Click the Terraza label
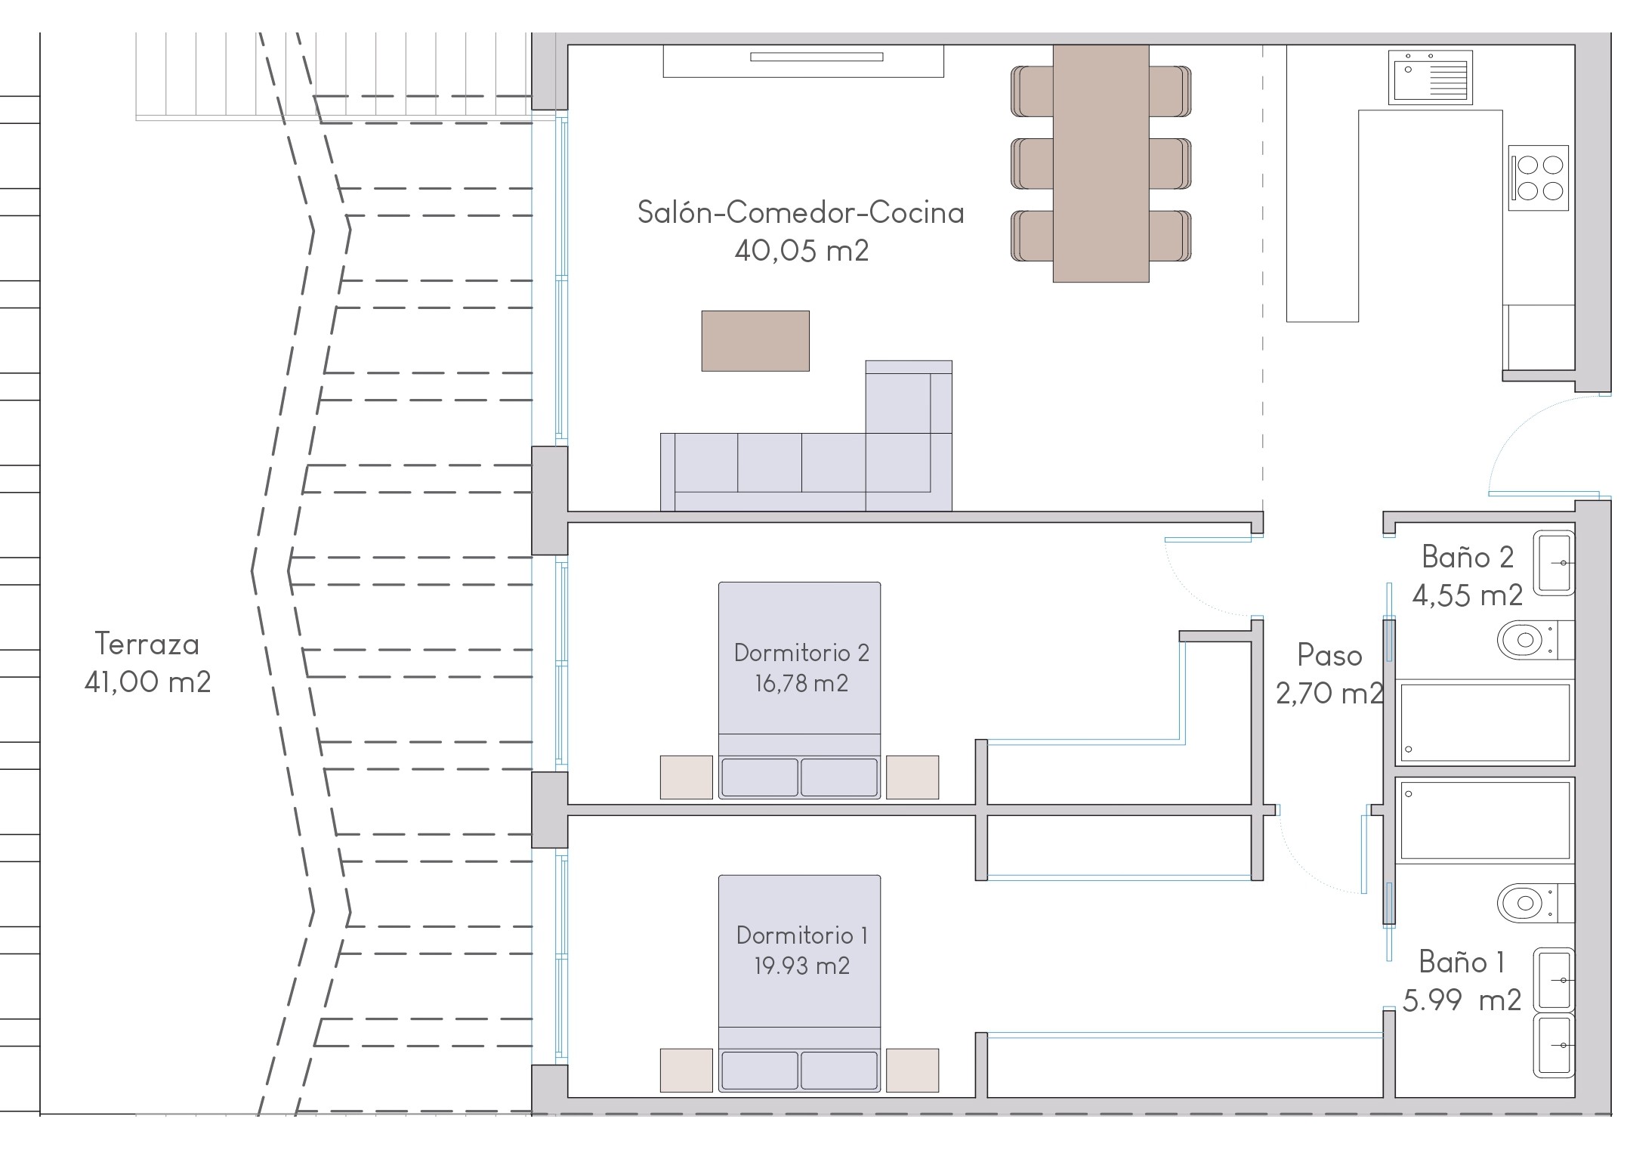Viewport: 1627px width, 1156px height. pos(147,644)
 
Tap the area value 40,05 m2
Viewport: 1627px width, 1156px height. pos(801,250)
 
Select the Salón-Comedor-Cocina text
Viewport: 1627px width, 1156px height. pos(801,212)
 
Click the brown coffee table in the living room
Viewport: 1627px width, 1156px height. pos(755,341)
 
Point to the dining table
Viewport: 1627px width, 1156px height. pos(1101,163)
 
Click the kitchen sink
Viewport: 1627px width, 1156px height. pos(1431,77)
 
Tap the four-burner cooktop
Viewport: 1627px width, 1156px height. pos(1539,178)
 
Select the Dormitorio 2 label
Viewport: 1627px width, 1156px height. pos(801,653)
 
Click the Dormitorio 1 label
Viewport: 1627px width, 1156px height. pos(801,935)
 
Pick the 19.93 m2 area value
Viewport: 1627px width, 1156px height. pos(801,966)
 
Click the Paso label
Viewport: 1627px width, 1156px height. pos(1329,655)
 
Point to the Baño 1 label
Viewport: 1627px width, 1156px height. pos(1462,962)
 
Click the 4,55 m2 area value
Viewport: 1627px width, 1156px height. pos(1467,595)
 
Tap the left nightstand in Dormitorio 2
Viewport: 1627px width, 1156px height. pos(686,777)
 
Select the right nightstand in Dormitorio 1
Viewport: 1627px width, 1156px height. pos(912,1070)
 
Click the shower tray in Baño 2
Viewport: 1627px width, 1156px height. pos(1485,722)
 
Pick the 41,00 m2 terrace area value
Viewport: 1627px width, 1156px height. pos(147,682)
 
